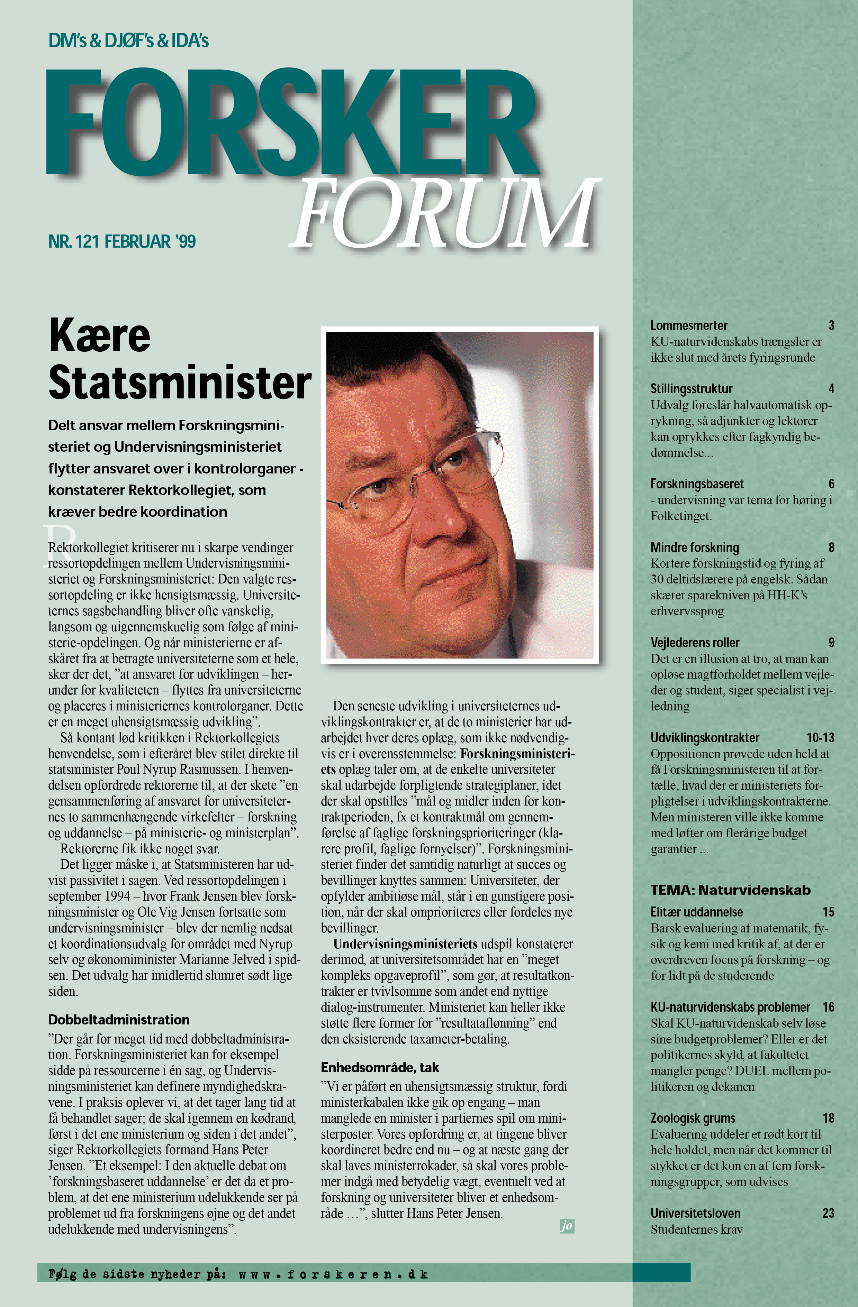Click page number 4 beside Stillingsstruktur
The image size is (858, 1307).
[x=831, y=389]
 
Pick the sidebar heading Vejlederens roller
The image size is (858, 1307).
[x=695, y=643]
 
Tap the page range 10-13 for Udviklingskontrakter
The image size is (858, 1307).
[x=820, y=737]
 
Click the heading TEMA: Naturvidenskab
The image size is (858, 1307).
[x=731, y=890]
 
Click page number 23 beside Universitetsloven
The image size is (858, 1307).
[x=828, y=1213]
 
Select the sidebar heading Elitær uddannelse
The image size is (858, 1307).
[x=696, y=912]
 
